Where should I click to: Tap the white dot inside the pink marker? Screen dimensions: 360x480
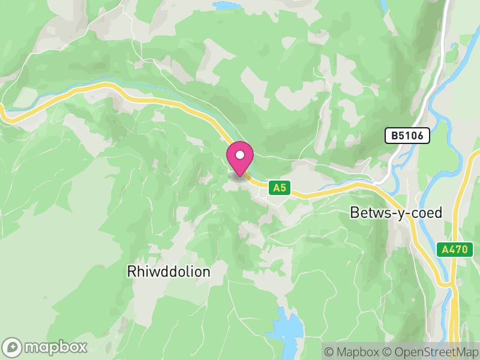tap(240, 155)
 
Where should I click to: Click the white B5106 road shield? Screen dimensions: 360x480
tap(408, 136)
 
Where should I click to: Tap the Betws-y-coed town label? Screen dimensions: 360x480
tap(396, 213)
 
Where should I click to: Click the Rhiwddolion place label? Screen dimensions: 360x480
tap(169, 272)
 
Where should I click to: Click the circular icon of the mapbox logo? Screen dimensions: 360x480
tap(13, 347)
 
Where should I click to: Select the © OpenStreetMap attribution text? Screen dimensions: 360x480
tap(430, 351)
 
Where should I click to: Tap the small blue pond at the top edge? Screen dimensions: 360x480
tap(225, 5)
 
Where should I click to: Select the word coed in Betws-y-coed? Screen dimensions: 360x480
tap(427, 213)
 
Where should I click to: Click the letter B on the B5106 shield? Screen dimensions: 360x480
tap(395, 136)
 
